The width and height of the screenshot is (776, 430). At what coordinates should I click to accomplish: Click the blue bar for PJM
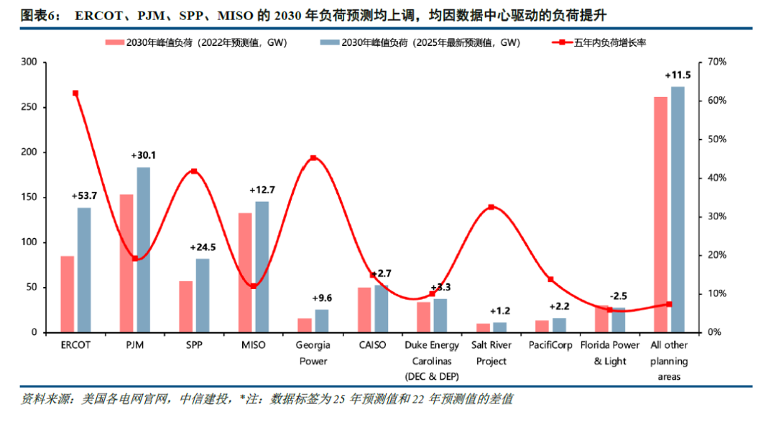point(144,250)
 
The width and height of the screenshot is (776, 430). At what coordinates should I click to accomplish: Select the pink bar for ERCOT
point(67,294)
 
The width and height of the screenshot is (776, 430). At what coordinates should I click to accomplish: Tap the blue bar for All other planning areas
point(678,209)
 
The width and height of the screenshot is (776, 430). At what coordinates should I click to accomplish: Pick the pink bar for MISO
point(245,273)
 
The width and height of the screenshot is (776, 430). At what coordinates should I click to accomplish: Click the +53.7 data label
point(84,196)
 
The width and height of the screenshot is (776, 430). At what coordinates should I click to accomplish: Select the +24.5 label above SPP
point(203,247)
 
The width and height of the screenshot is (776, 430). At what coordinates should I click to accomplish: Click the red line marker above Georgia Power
point(313,158)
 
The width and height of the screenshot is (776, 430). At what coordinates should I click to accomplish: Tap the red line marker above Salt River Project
point(491,207)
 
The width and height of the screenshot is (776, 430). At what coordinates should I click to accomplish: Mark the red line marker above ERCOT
point(75,93)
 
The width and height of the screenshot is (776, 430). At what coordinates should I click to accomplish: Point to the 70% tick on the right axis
point(717,63)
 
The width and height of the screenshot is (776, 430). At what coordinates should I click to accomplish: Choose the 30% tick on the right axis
point(717,216)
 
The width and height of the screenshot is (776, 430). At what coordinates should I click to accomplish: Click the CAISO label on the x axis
point(372,345)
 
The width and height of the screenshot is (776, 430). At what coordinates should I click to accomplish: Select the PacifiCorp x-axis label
point(550,345)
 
